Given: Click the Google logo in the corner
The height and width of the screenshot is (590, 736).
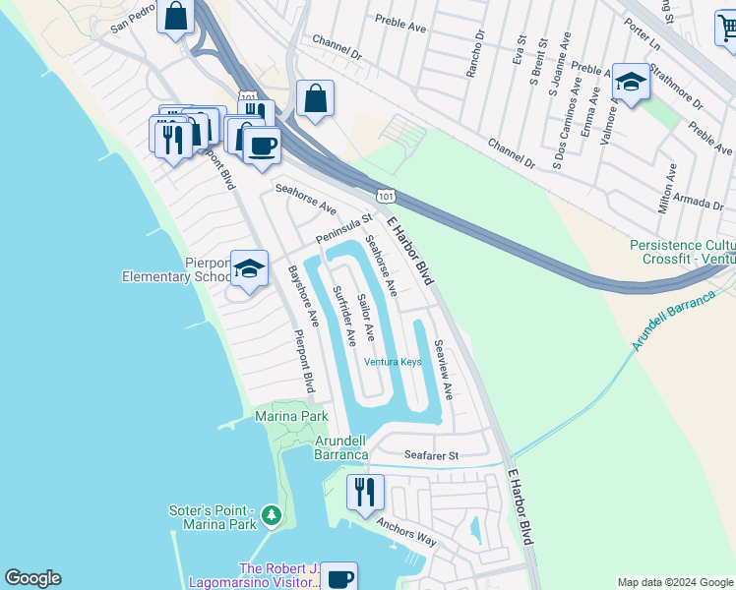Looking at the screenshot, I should click(x=32, y=578).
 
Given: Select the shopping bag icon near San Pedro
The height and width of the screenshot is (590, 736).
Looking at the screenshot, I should click(x=175, y=17).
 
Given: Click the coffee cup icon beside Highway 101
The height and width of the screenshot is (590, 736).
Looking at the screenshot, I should click(x=261, y=147).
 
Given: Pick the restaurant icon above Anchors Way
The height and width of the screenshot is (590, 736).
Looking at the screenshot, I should click(x=365, y=492).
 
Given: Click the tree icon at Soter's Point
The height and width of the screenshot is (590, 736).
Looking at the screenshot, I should click(x=273, y=514).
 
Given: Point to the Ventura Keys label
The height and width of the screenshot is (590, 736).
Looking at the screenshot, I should click(x=393, y=362).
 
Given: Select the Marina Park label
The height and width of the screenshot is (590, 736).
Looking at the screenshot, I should click(x=291, y=417).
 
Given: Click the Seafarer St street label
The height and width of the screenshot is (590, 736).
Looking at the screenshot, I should click(x=432, y=455).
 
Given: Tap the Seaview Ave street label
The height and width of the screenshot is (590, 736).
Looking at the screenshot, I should click(x=443, y=370).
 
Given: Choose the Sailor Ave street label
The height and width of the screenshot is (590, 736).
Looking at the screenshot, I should click(x=366, y=317).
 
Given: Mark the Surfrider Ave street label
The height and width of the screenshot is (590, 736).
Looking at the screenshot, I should click(x=343, y=316).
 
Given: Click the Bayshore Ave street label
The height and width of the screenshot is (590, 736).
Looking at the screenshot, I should click(x=303, y=295).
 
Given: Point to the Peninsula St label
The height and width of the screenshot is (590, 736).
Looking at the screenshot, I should click(x=344, y=230).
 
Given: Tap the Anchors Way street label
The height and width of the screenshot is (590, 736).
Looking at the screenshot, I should click(x=406, y=539).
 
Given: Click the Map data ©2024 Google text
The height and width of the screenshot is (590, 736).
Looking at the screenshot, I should click(x=674, y=581).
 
